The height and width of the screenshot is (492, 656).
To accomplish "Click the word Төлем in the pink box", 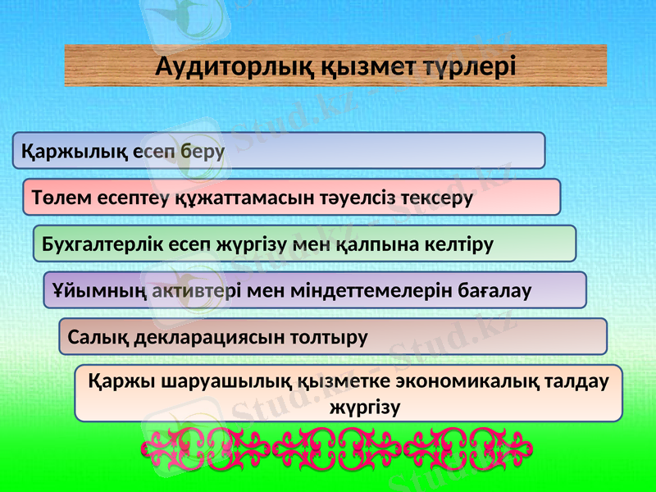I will click(58, 198).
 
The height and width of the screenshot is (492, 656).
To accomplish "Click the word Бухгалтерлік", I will click(95, 244).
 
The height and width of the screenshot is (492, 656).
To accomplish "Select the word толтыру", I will click(332, 336).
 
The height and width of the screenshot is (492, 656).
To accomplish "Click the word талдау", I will click(574, 382).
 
